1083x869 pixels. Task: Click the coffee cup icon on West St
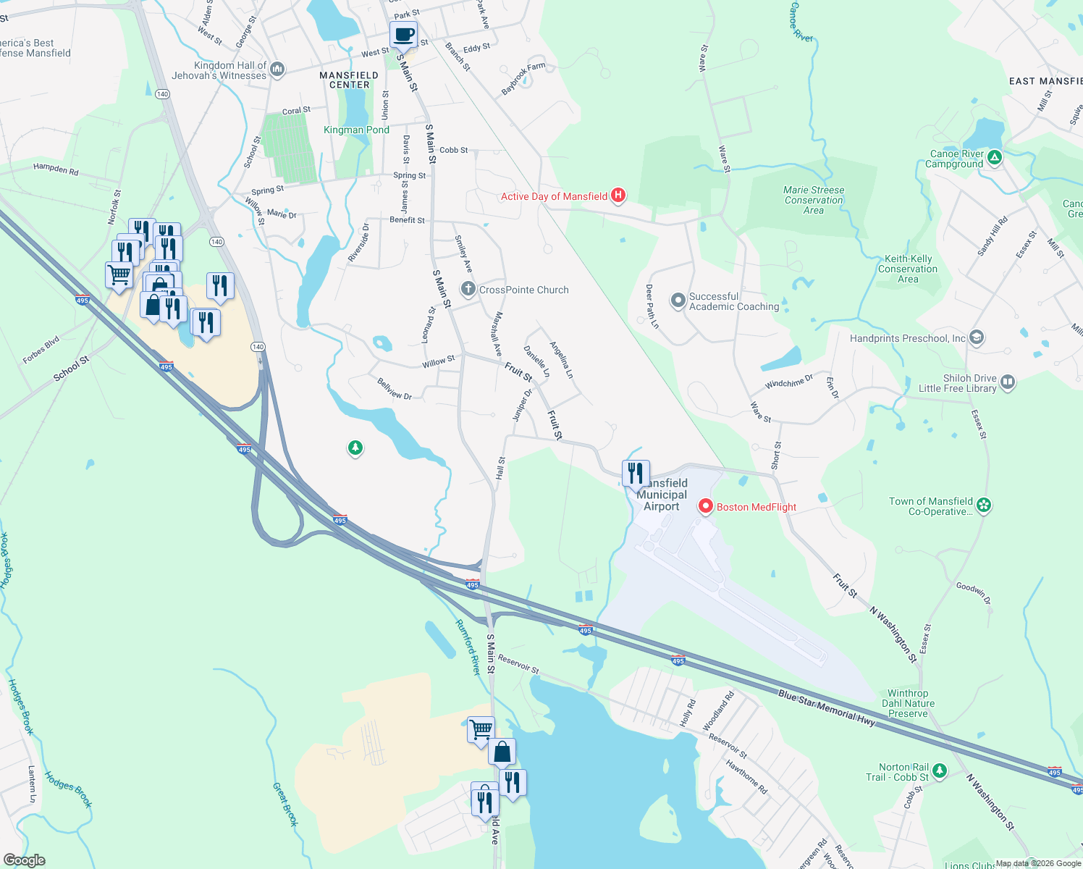click(x=403, y=34)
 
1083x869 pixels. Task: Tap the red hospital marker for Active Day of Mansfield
click(x=618, y=195)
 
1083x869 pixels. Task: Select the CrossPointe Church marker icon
click(x=468, y=290)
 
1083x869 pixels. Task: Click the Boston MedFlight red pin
click(x=705, y=506)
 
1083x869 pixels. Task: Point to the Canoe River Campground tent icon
click(x=995, y=157)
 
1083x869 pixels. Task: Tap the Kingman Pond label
click(x=356, y=130)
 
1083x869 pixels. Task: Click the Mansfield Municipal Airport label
click(x=662, y=495)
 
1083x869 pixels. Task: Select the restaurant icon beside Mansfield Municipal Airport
click(x=635, y=474)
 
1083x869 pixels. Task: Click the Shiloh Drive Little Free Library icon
click(x=1008, y=382)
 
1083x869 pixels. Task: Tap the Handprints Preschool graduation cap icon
click(x=977, y=337)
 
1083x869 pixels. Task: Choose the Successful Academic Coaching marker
click(x=678, y=301)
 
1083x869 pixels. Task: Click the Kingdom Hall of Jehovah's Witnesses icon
click(x=277, y=70)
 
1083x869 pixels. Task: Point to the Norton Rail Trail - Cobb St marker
click(x=939, y=771)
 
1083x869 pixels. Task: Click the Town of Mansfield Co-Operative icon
click(x=983, y=505)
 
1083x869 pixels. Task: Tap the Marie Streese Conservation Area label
click(x=814, y=201)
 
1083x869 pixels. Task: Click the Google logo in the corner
click(x=24, y=860)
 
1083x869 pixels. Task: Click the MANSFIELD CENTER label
click(x=349, y=80)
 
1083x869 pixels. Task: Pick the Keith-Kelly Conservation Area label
click(x=908, y=269)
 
